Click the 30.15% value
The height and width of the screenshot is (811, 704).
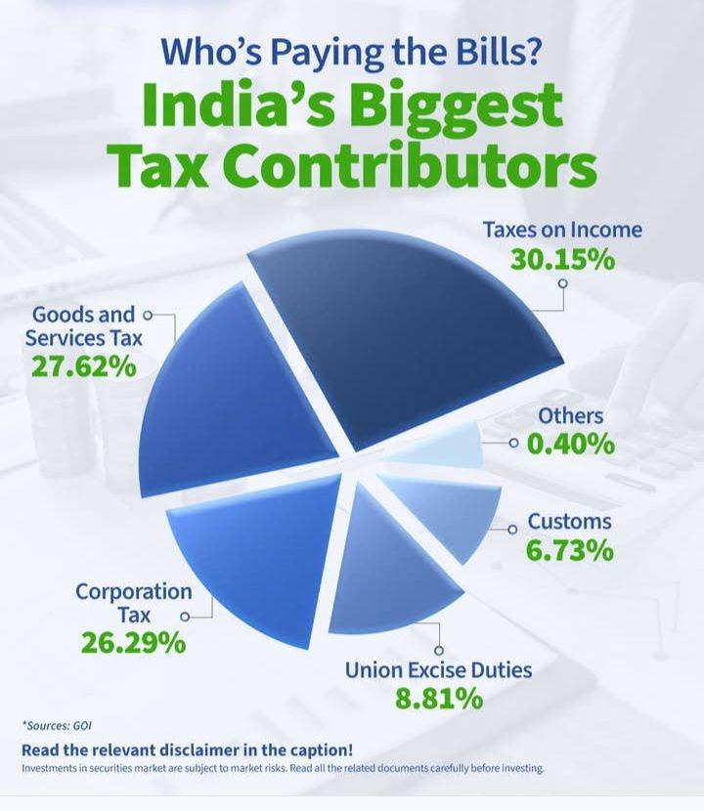[562, 261]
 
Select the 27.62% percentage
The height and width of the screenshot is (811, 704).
[80, 368]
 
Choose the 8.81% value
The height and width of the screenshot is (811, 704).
[438, 700]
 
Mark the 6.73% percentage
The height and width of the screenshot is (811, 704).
[570, 550]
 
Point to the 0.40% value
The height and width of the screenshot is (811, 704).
[571, 445]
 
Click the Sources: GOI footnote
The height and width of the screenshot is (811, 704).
[54, 725]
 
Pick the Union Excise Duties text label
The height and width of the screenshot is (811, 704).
[438, 670]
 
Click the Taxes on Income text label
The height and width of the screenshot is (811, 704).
[563, 230]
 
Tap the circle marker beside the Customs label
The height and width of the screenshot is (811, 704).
[511, 529]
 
